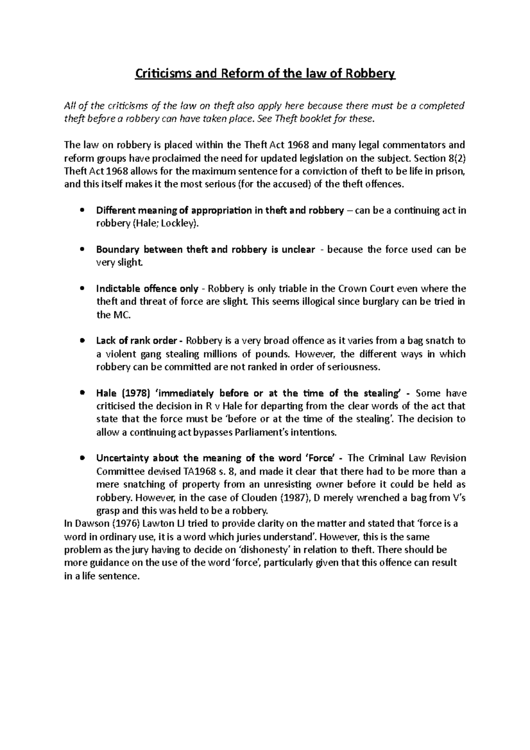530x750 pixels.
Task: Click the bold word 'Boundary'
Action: (117, 250)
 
